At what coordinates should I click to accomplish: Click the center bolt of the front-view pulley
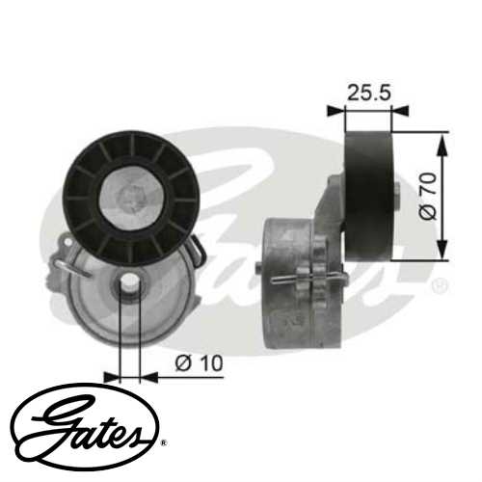pos(127,199)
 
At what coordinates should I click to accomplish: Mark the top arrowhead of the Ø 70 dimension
pos(442,141)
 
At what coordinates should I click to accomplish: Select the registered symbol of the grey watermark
pos(439,286)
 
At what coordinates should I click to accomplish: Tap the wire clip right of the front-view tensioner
pos(197,254)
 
